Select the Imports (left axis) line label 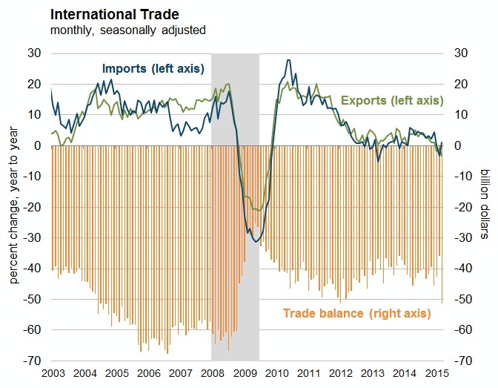tap(153, 69)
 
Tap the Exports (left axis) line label tap(391, 100)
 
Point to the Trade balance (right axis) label tap(356, 313)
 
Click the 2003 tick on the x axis tap(52, 373)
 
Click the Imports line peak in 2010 tap(288, 60)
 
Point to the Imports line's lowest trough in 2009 tap(256, 242)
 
